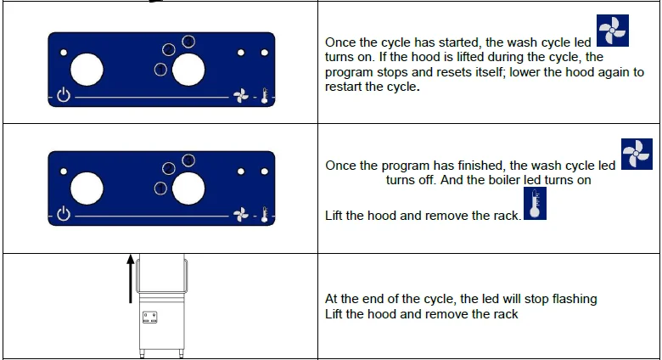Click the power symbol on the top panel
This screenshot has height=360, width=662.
pyautogui.click(x=64, y=95)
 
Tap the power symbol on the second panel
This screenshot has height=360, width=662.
pyautogui.click(x=64, y=214)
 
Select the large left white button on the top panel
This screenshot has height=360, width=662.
pyautogui.click(x=87, y=70)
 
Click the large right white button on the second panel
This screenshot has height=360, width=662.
pyautogui.click(x=188, y=188)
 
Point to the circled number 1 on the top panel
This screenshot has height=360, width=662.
pyautogui.click(x=160, y=70)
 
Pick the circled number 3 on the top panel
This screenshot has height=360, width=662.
pyautogui.click(x=188, y=42)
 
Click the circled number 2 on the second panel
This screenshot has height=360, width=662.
pyautogui.click(x=168, y=169)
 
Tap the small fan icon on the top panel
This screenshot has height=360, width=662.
pyautogui.click(x=241, y=96)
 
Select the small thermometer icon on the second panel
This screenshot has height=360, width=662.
pyautogui.click(x=265, y=215)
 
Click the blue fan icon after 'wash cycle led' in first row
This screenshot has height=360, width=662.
pyautogui.click(x=612, y=31)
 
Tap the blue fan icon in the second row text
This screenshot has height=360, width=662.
pyautogui.click(x=637, y=154)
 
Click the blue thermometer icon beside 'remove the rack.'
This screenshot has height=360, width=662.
pyautogui.click(x=535, y=204)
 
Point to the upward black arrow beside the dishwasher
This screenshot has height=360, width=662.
pyautogui.click(x=131, y=278)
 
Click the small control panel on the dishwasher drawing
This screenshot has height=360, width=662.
pyautogui.click(x=150, y=318)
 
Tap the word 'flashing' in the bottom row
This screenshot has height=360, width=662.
pyautogui.click(x=575, y=299)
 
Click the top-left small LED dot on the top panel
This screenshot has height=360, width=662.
pyautogui.click(x=64, y=53)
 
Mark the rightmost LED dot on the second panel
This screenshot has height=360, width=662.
pyautogui.click(x=264, y=172)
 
